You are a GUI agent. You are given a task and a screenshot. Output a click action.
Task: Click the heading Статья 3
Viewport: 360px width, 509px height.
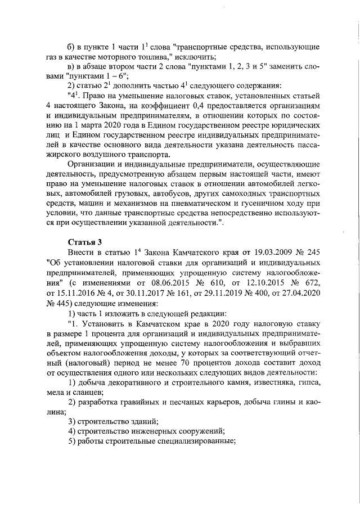[84, 242]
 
